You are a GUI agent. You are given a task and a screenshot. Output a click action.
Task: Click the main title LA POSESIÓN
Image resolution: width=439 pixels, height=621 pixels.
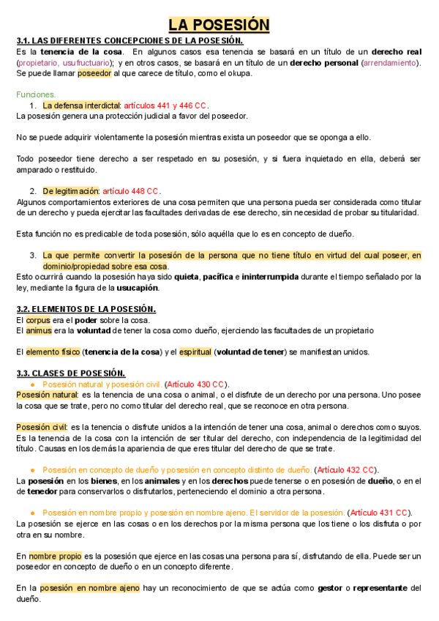219,25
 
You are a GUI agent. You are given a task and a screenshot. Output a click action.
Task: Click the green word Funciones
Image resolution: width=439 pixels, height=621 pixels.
36,94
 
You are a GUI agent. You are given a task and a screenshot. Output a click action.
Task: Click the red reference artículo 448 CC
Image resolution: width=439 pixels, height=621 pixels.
131,191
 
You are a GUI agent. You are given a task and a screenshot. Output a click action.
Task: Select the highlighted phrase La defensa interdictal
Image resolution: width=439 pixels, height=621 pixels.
81,105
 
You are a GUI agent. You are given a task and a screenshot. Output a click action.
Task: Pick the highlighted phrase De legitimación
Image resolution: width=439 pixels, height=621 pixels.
70,191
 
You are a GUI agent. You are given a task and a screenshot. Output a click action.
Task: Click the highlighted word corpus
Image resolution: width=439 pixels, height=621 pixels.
38,320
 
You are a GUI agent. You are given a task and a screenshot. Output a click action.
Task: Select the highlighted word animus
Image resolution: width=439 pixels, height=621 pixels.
40,330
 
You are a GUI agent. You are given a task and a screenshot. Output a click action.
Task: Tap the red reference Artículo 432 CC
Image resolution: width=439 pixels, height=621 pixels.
345,469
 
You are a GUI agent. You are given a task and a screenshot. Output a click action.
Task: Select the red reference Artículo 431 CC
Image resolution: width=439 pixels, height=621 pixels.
380,513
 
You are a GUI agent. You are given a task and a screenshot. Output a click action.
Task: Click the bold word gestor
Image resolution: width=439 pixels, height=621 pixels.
331,587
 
